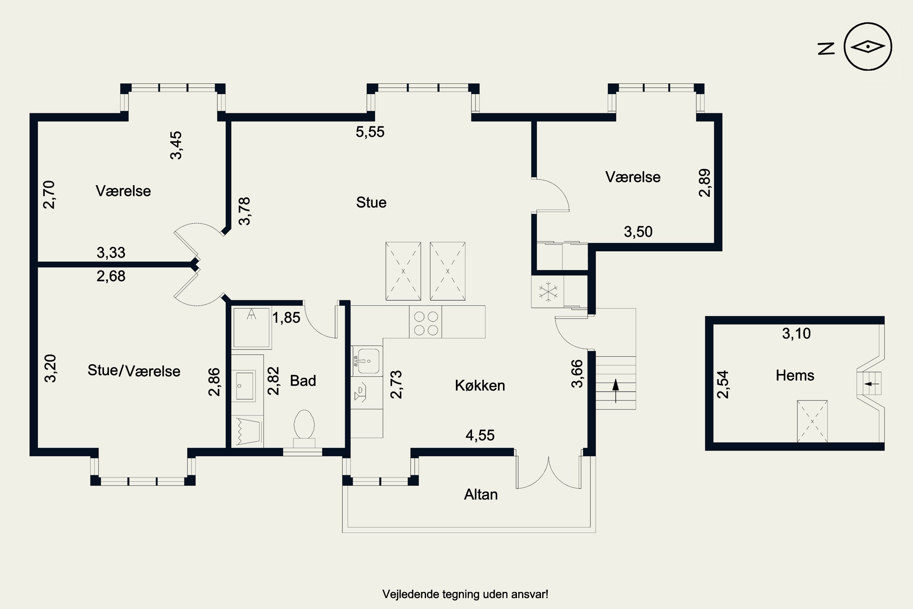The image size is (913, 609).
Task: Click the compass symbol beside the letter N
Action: coord(868,47)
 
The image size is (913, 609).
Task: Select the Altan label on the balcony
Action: coord(481,495)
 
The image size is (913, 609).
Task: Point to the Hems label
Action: coord(795,375)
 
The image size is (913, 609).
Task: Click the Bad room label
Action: coord(303,381)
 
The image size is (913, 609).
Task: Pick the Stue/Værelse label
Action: coord(134,371)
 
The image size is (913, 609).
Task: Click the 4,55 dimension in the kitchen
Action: coord(480,435)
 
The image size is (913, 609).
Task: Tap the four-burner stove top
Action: coord(425,322)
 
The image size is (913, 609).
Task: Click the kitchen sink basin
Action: coord(368,361)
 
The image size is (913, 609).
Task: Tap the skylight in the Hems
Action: coord(812,421)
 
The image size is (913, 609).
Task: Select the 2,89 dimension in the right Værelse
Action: coord(704,183)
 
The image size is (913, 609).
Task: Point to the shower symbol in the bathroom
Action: coord(252,327)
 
